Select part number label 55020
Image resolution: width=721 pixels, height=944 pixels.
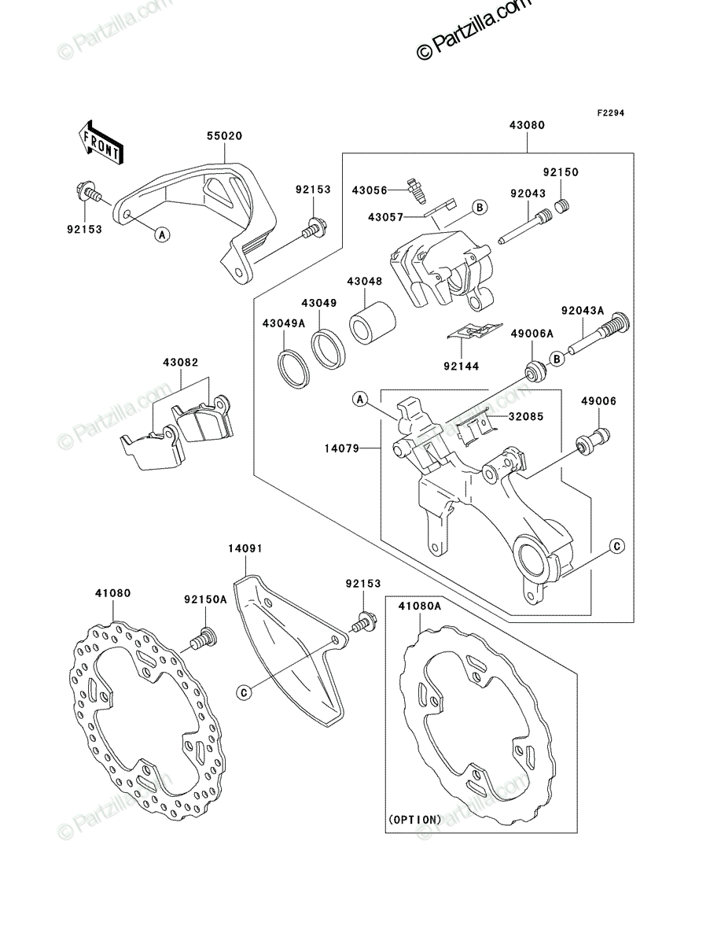click(224, 136)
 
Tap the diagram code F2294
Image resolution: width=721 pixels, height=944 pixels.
click(610, 113)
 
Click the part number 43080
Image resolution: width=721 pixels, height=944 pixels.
click(527, 125)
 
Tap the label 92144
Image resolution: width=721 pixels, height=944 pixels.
click(462, 367)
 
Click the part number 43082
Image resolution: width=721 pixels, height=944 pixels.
click(181, 363)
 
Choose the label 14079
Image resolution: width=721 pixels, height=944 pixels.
click(341, 448)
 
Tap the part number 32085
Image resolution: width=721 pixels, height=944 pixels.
click(526, 416)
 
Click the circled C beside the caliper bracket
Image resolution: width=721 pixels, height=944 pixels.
click(617, 547)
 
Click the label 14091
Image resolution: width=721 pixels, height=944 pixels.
click(245, 549)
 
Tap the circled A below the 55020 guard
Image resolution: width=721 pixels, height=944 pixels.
click(162, 234)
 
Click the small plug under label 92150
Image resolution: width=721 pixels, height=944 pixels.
click(561, 206)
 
